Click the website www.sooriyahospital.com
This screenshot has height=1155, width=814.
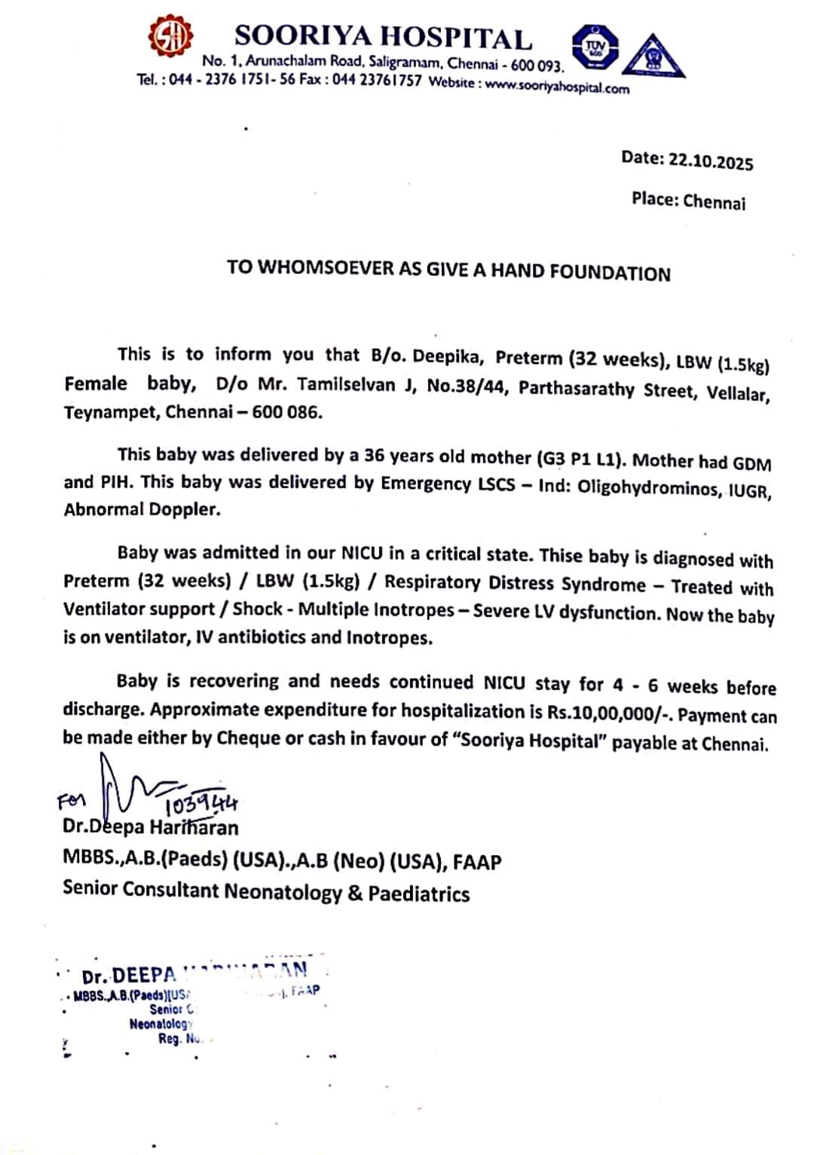point(556,86)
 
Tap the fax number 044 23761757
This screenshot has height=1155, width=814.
point(376,80)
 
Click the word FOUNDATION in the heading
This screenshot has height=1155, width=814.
point(610,272)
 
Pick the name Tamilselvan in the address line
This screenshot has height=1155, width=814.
point(346,385)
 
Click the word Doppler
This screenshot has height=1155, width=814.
point(184,509)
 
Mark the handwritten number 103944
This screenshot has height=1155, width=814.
point(200,805)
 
